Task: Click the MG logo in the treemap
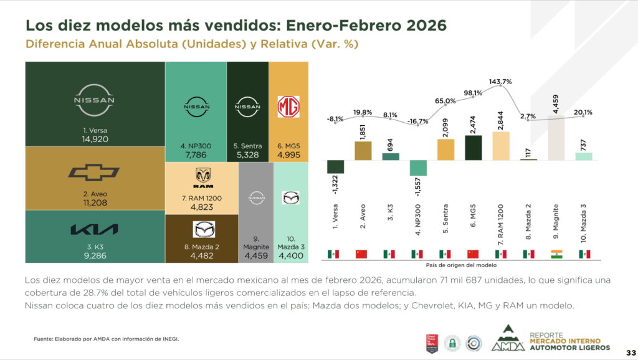[288, 107]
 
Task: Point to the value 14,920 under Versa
[95, 140]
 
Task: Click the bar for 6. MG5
[474, 148]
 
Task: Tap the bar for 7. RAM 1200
[501, 146]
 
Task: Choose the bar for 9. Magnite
[556, 137]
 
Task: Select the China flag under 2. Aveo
[362, 254]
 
